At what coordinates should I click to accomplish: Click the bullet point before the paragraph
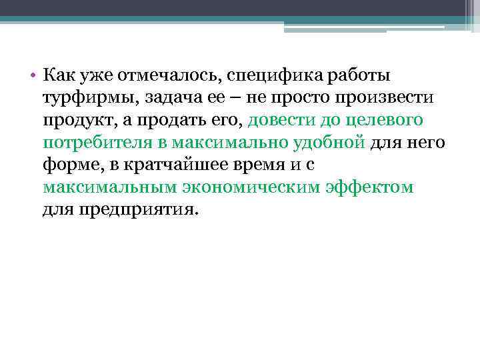[33, 75]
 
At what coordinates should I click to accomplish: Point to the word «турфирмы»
[83, 98]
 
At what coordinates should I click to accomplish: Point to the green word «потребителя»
[87, 143]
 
